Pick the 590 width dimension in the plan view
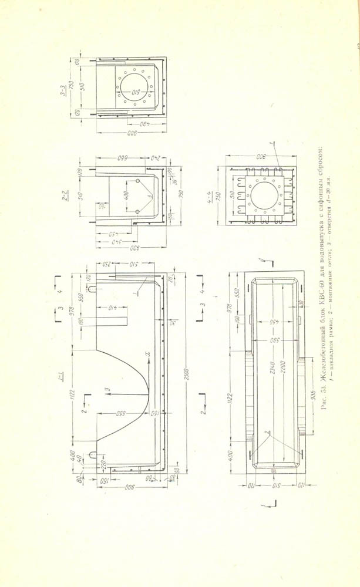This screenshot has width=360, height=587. tap(271, 340)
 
